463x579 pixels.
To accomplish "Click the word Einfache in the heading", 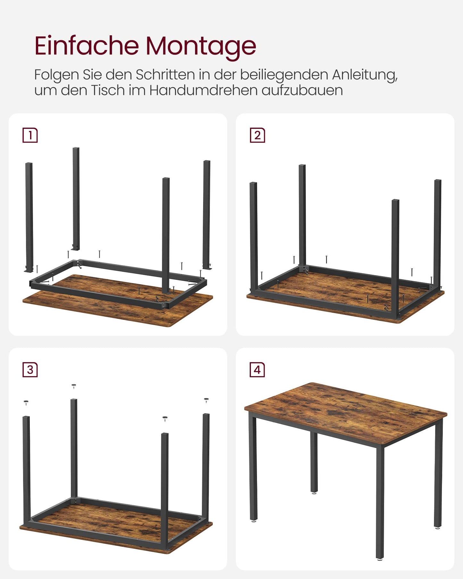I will pos(87,46).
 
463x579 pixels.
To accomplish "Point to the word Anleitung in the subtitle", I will pos(364,75).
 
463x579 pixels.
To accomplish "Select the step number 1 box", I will pos(30,135).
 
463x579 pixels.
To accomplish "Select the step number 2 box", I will pos(257,135).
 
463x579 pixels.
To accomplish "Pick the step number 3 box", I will pos(30,370).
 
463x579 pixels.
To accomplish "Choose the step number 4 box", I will pos(257,370).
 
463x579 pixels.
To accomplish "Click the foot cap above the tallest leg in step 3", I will pos(74,386).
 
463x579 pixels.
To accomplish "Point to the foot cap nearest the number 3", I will pos(26,402).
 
